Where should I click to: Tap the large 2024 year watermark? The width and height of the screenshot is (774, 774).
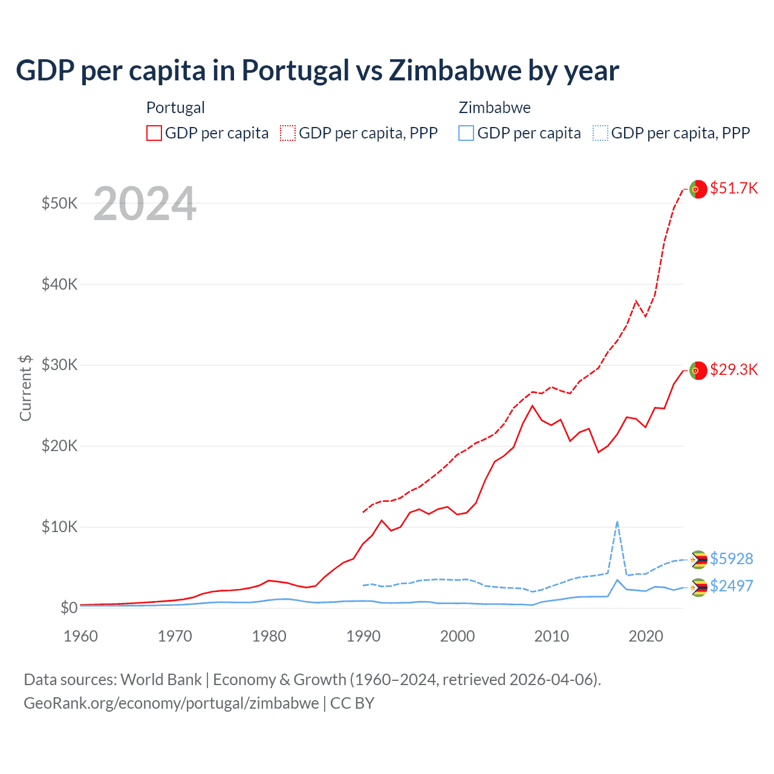pyautogui.click(x=145, y=204)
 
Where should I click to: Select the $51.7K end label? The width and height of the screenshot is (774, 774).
pyautogui.click(x=733, y=188)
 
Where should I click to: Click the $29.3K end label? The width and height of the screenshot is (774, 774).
pyautogui.click(x=733, y=369)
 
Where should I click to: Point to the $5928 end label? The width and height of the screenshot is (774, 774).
pyautogui.click(x=731, y=558)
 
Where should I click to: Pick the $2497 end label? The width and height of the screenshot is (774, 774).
pyautogui.click(x=731, y=586)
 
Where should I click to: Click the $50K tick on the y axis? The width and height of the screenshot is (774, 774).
pyautogui.click(x=59, y=203)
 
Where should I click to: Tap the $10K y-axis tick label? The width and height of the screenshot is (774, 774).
pyautogui.click(x=59, y=527)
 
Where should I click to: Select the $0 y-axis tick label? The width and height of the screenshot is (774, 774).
pyautogui.click(x=68, y=608)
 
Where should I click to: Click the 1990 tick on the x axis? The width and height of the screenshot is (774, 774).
pyautogui.click(x=363, y=636)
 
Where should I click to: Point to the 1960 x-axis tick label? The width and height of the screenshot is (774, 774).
pyautogui.click(x=80, y=636)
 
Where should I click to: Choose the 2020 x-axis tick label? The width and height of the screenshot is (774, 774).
pyautogui.click(x=646, y=636)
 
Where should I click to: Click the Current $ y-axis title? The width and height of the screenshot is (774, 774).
pyautogui.click(x=25, y=388)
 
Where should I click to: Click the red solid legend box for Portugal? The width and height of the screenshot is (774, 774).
pyautogui.click(x=154, y=133)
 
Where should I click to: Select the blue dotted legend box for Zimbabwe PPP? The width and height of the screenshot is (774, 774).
pyautogui.click(x=600, y=133)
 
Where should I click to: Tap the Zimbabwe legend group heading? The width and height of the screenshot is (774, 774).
pyautogui.click(x=495, y=108)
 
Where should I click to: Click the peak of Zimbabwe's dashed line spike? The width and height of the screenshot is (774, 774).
pyautogui.click(x=617, y=521)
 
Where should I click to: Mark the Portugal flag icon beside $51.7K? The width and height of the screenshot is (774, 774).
pyautogui.click(x=698, y=189)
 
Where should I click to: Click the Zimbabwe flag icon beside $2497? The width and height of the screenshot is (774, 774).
pyautogui.click(x=698, y=587)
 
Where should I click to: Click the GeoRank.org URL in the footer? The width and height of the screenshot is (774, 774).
pyautogui.click(x=171, y=703)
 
